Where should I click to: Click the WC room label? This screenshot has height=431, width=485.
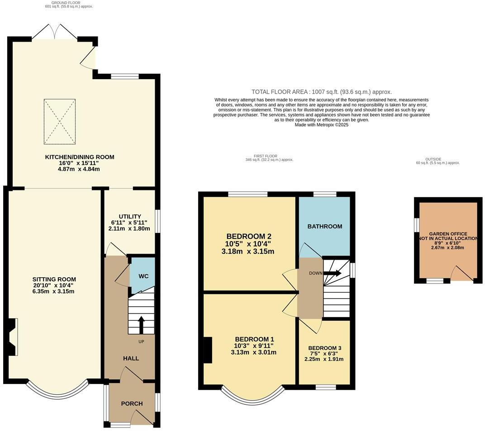143,276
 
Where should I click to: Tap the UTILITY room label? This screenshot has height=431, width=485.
130,217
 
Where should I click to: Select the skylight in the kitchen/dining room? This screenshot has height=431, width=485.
60,122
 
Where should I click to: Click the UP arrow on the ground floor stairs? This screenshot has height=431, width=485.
141,324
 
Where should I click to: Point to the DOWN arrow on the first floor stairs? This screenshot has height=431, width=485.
332,273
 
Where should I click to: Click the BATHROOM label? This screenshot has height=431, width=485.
325,226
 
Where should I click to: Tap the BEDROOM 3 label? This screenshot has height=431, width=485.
325,348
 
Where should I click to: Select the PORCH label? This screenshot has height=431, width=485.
132,403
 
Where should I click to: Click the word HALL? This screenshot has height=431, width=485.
131,358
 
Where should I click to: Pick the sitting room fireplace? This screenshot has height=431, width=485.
12,337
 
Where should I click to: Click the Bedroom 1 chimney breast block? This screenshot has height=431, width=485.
208,350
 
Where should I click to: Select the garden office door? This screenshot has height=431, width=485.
462,273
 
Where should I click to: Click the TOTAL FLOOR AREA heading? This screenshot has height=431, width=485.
322,92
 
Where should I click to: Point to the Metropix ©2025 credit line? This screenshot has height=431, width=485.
322,125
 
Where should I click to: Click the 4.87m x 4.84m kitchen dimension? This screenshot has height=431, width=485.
79,169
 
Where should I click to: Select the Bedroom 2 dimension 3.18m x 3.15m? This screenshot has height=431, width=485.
248,251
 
